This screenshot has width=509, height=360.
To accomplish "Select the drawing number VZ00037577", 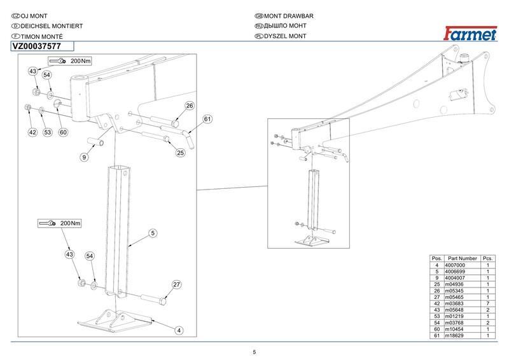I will pyautogui.click(x=36, y=46).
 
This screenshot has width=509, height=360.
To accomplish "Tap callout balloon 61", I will pyautogui.click(x=207, y=120).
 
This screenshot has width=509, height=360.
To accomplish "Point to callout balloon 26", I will pyautogui.click(x=189, y=106).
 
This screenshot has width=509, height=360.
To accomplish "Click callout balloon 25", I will pyautogui.click(x=180, y=153).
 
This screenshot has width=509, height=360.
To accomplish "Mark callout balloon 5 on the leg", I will pyautogui.click(x=153, y=233).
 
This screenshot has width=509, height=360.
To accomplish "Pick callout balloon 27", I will pyautogui.click(x=177, y=284).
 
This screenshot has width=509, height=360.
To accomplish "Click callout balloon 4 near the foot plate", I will pyautogui.click(x=179, y=330).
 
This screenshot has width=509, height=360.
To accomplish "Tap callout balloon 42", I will pyautogui.click(x=32, y=132).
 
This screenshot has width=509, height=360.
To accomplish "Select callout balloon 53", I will pyautogui.click(x=47, y=132).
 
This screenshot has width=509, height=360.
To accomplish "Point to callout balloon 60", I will pyautogui.click(x=63, y=132).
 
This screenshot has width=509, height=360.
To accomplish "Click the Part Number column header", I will pyautogui.click(x=462, y=258).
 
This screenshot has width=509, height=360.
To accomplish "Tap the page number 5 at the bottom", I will pyautogui.click(x=254, y=352).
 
